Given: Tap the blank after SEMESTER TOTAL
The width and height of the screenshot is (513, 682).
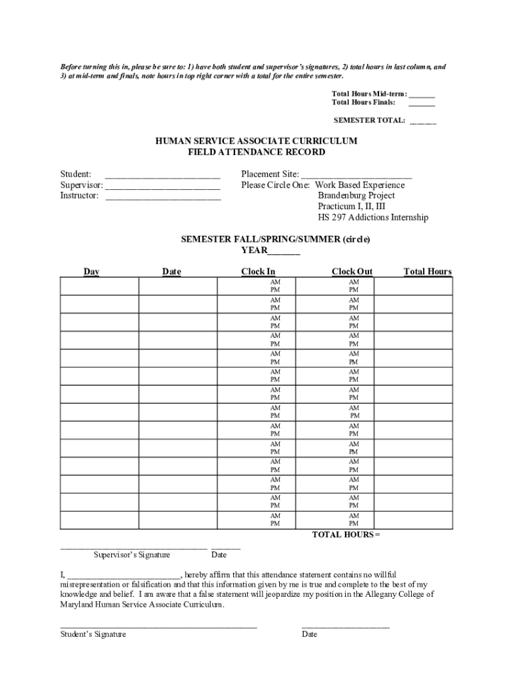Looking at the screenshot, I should click(x=423, y=121).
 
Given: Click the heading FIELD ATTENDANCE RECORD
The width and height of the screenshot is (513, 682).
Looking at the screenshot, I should click(x=256, y=152).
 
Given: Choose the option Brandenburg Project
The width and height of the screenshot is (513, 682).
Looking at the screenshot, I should click(x=356, y=196).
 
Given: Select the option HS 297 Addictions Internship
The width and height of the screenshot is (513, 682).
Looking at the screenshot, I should click(x=372, y=218).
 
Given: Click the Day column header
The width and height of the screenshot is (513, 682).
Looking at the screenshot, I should click(x=91, y=272).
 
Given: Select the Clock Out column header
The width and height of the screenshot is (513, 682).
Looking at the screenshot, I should click(x=352, y=272).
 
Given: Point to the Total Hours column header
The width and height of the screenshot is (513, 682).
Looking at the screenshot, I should click(x=427, y=272).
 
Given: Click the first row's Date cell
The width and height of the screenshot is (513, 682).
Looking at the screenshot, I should click(x=177, y=286).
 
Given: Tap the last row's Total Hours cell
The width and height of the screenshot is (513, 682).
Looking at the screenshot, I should click(x=413, y=519).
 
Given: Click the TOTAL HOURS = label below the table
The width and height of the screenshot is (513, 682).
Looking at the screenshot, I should click(x=346, y=535).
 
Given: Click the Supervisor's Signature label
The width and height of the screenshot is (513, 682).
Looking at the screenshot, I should click(x=131, y=555).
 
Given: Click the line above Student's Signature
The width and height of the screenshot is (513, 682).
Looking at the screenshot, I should click(x=158, y=627).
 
